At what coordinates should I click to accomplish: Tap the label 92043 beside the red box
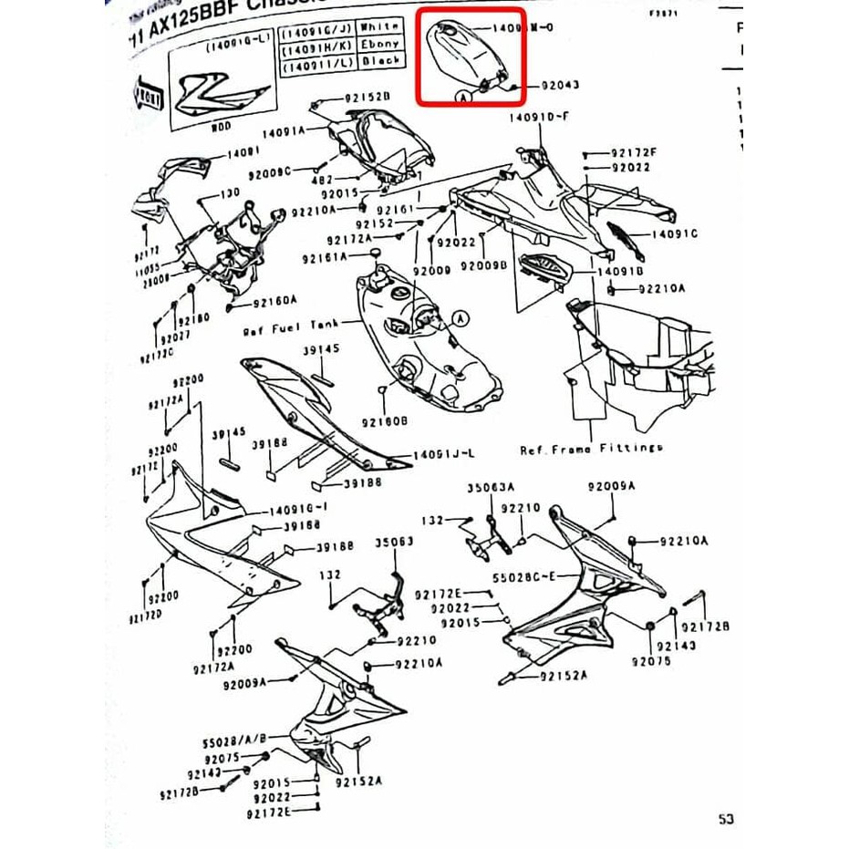coord(560,85)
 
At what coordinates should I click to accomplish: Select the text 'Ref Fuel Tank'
coord(291,326)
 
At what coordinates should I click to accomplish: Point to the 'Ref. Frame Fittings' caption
coord(591,449)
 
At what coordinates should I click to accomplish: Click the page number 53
coord(725,819)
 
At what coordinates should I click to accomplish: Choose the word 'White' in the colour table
coord(381,28)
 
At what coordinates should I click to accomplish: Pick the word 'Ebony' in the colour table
coord(381,44)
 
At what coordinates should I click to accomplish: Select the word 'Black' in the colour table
coord(381,60)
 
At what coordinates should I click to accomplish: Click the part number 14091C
coord(674,234)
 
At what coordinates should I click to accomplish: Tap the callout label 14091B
coord(620,272)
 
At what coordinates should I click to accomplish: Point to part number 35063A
coord(492,488)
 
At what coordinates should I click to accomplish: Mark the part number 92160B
coord(384,421)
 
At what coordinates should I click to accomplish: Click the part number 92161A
coord(325,258)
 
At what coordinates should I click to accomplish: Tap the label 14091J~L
coord(444,454)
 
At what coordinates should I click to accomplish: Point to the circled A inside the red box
coord(464,95)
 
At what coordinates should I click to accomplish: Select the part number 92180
coord(193,319)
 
